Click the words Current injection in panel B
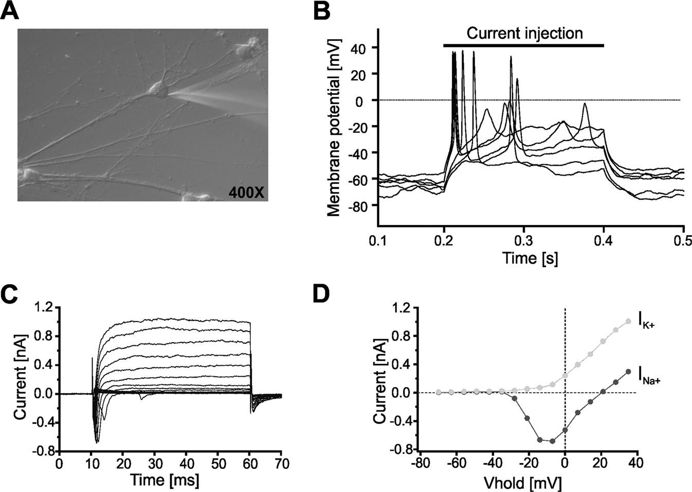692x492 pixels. click(x=524, y=33)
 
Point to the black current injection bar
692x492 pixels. click(x=523, y=46)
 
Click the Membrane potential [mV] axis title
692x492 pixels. click(x=334, y=127)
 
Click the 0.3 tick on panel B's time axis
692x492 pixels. click(x=524, y=239)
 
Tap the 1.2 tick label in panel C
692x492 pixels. click(x=45, y=308)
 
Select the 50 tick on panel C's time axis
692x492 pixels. click(x=217, y=464)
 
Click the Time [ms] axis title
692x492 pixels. click(x=165, y=480)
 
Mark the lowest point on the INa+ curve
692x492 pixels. click(x=552, y=441)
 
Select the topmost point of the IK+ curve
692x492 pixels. click(x=628, y=321)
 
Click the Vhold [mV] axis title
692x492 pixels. click(x=523, y=483)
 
